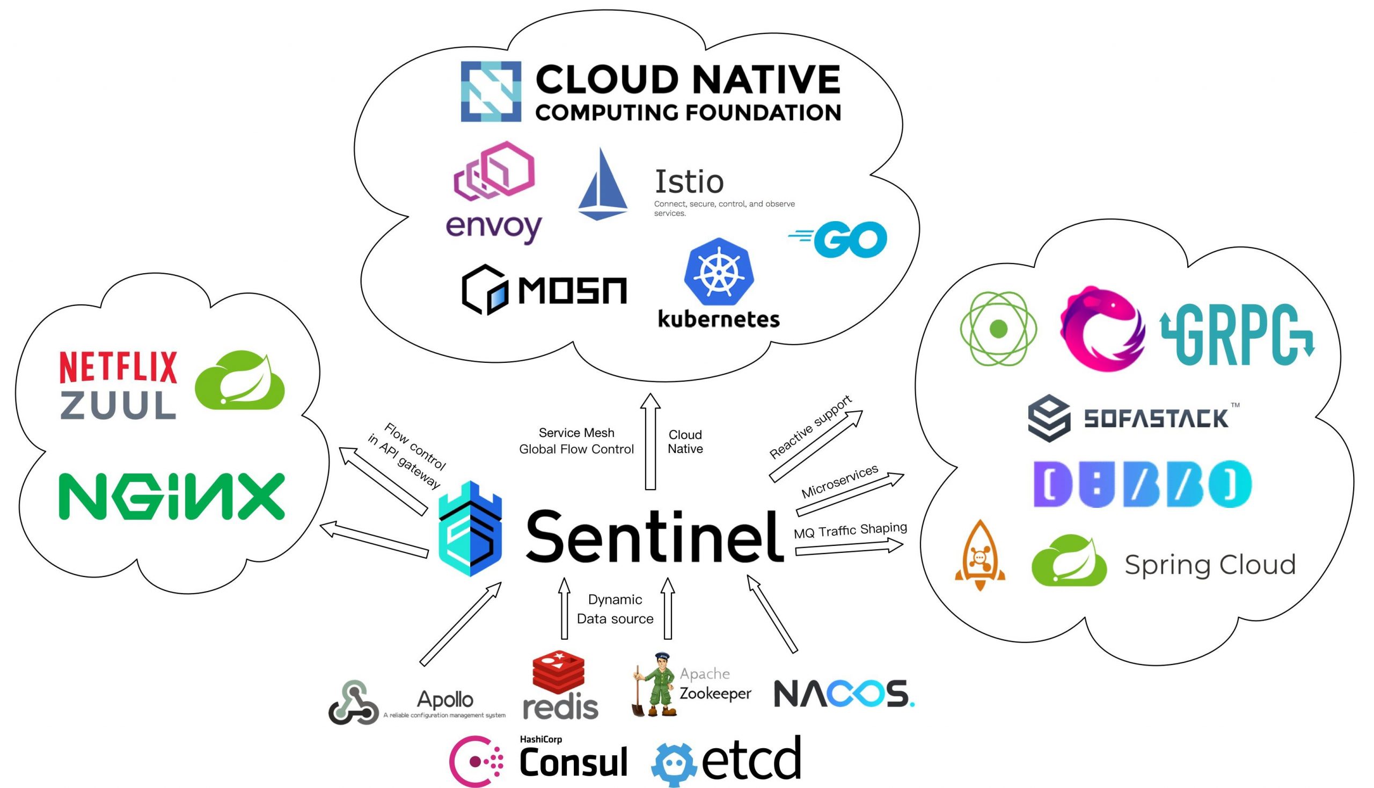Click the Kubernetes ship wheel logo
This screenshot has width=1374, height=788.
point(718,271)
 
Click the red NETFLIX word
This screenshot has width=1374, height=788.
point(118,367)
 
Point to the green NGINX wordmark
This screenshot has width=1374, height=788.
point(172,497)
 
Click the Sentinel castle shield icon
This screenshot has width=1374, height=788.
point(470,528)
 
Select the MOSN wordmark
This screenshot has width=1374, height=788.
point(572,290)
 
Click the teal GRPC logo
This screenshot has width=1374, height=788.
point(1237,334)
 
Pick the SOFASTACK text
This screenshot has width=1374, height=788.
point(1156,419)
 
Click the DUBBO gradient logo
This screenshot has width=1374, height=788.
point(1142,484)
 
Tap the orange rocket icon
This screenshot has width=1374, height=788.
point(980,556)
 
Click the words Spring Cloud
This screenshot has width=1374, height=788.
point(1210,565)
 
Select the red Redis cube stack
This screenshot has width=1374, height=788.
point(559,673)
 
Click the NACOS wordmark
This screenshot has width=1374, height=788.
point(843,694)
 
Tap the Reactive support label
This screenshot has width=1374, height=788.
point(810,428)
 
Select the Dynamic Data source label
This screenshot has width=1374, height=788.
point(615,609)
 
